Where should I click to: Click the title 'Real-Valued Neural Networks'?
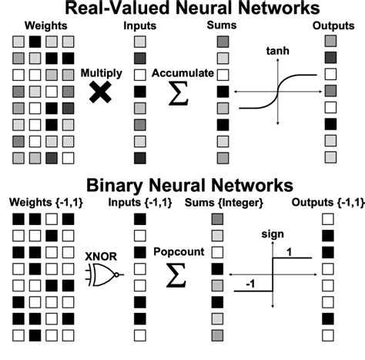point(182,9)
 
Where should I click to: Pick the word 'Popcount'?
point(178,252)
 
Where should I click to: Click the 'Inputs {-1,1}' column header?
point(143,203)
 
